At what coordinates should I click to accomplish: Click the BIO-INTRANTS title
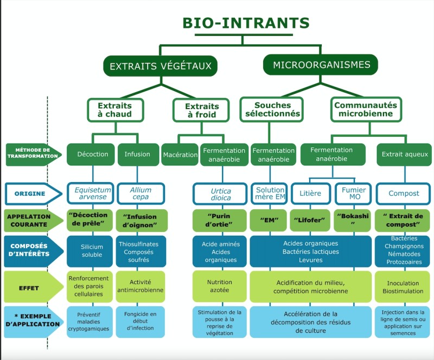246,23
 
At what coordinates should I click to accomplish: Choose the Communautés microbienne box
366,110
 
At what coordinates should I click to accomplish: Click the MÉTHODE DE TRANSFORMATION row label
33,153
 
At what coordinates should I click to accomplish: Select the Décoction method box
90,154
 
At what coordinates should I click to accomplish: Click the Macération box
180,155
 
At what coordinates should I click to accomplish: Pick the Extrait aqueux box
404,155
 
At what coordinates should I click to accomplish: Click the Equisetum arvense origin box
90,194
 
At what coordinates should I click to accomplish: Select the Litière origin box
310,194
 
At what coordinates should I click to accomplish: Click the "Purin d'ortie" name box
220,221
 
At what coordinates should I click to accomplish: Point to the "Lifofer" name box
310,221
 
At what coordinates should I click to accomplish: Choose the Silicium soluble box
90,251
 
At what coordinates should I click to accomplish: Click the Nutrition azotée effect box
220,286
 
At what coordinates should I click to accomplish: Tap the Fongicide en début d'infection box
141,321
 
